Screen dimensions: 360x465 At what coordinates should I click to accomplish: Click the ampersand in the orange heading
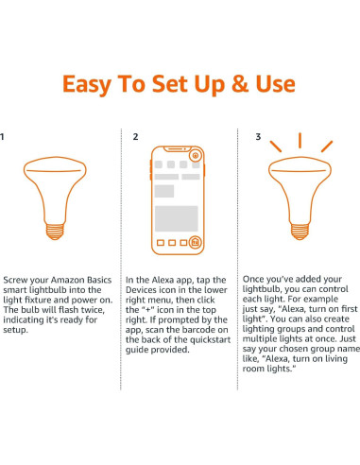(240, 84)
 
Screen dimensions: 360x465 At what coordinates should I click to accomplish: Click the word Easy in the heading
(87, 85)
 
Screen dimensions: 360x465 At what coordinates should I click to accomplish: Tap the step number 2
(135, 137)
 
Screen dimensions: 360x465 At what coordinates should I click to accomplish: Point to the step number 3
(258, 137)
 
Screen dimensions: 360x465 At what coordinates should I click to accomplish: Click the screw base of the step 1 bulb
(55, 232)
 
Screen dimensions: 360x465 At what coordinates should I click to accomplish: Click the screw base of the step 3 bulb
(300, 232)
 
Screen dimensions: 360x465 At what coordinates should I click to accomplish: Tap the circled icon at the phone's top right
(196, 155)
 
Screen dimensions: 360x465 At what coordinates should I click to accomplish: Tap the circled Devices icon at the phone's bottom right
(195, 242)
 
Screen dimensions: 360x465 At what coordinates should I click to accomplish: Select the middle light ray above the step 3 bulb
(300, 141)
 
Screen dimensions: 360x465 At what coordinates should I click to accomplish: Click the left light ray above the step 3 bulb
(276, 146)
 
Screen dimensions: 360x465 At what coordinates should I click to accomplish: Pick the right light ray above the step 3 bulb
(327, 146)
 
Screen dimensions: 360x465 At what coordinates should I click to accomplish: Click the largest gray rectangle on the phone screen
(177, 218)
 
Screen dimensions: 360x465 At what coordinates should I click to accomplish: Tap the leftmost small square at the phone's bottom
(161, 243)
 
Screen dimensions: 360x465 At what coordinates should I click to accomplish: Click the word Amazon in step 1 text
(68, 280)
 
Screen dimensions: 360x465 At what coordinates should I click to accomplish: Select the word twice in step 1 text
(94, 310)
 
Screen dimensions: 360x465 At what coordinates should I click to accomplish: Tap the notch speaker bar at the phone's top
(177, 148)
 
